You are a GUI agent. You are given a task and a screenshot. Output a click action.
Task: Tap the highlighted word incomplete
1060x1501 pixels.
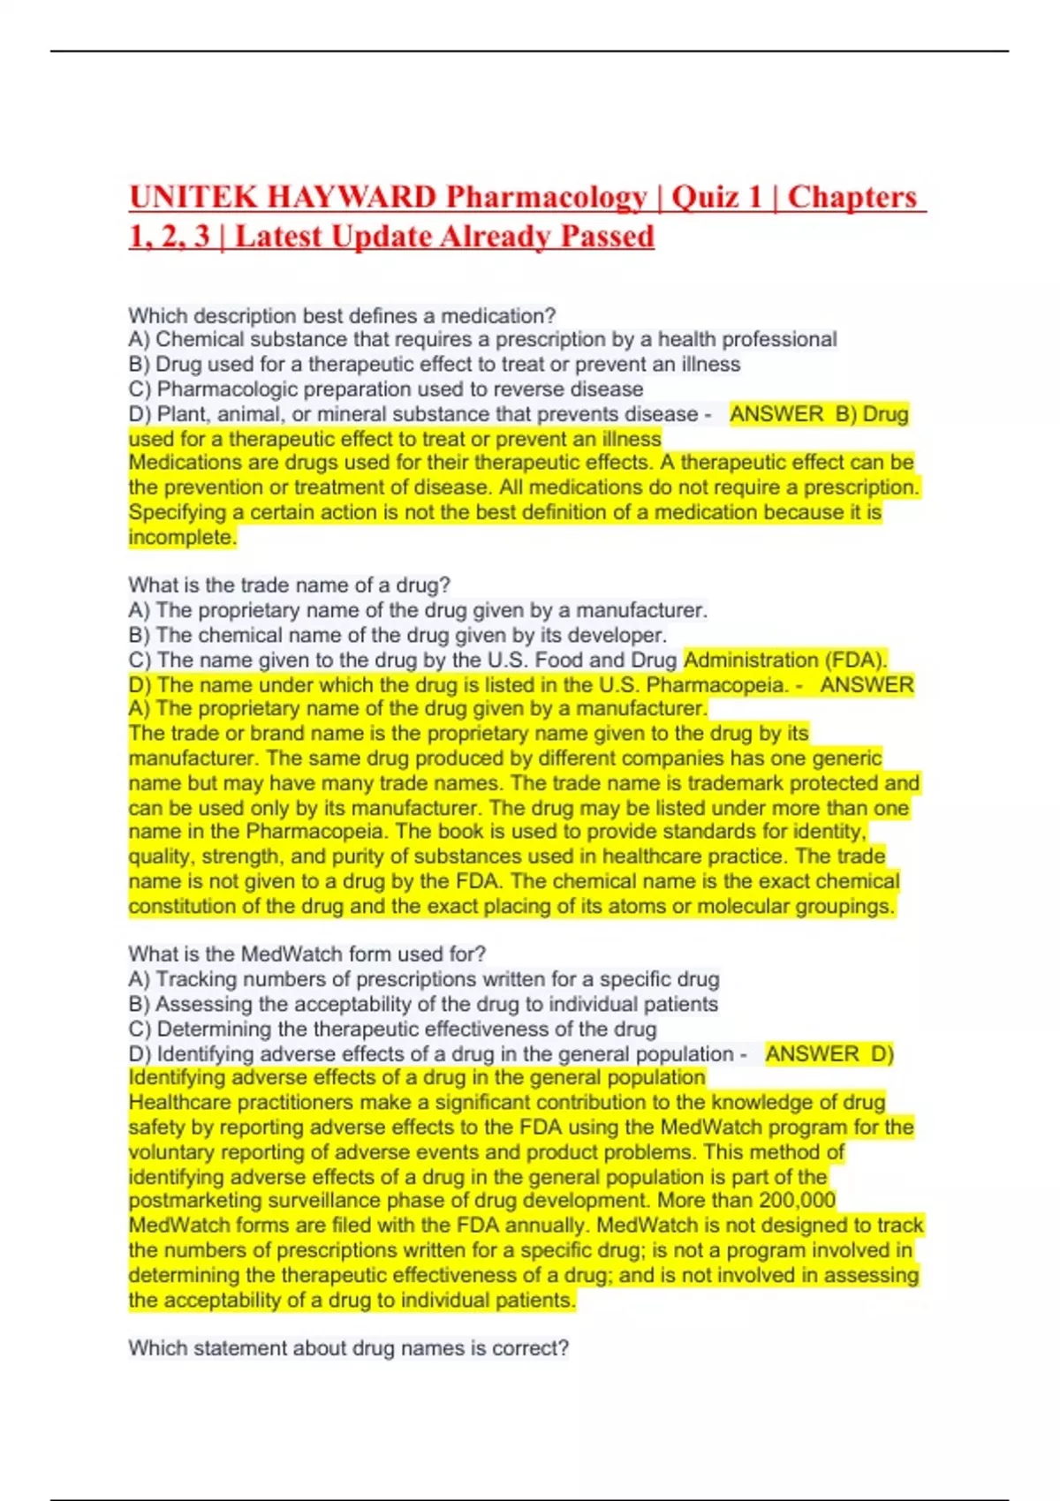tap(182, 537)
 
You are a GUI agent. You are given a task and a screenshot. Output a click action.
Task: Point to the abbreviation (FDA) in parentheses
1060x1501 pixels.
tap(856, 660)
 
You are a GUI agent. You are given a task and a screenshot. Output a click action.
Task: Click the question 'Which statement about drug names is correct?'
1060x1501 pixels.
tap(348, 1348)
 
